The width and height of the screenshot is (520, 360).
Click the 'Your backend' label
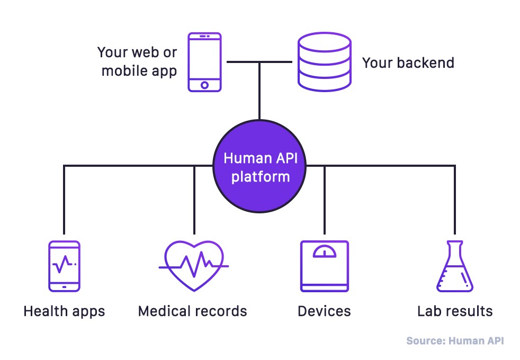[x=408, y=63]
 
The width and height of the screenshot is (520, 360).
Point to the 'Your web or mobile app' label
[x=138, y=62]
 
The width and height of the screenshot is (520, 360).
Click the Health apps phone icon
[x=64, y=266]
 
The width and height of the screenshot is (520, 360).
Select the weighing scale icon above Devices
[x=324, y=266]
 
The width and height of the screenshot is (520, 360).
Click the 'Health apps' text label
[x=64, y=311]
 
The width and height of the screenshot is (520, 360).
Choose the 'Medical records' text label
[x=192, y=311]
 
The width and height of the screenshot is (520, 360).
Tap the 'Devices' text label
[x=324, y=311]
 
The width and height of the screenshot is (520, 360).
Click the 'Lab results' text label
[x=455, y=311]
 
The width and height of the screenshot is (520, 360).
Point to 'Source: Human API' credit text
[x=455, y=341]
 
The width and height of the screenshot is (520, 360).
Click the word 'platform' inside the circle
[x=259, y=176]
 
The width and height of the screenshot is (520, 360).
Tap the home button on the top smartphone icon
[x=205, y=85]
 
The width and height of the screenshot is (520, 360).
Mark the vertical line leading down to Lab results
[x=454, y=201]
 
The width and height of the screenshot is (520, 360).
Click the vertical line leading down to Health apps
[x=64, y=201]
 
